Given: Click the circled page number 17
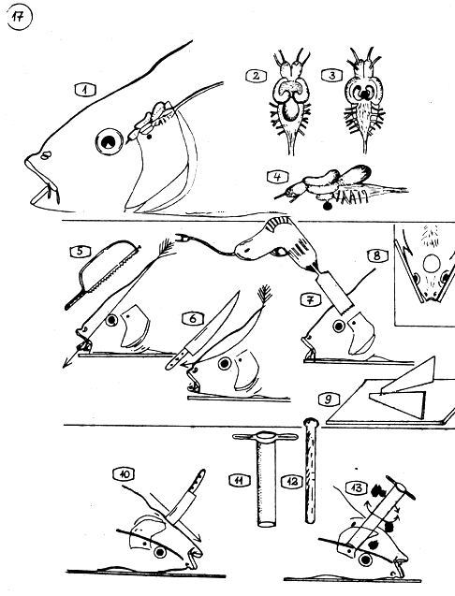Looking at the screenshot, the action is pos(20,18).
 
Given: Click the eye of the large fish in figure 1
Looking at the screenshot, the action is pos(109,142).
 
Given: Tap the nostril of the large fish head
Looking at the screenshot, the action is pos(47,154).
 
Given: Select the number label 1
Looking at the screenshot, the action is pos(85,90).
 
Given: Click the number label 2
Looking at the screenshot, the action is pos(256,76).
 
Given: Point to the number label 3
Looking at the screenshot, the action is pos(332,76).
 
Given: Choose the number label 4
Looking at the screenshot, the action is pos(278,176).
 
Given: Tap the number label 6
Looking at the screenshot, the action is pos(193,318).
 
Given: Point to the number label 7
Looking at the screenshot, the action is pos(310,300).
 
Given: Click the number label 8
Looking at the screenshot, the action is pos(376,255).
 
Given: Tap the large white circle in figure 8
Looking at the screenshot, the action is pos(432,263).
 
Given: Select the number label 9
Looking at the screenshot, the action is pos(328,400).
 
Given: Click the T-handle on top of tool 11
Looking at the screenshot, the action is pos(265,437).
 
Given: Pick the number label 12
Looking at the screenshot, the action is pos(292,482).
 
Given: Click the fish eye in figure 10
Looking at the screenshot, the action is pos(160,551).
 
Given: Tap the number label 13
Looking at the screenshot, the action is pos(357,487).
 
